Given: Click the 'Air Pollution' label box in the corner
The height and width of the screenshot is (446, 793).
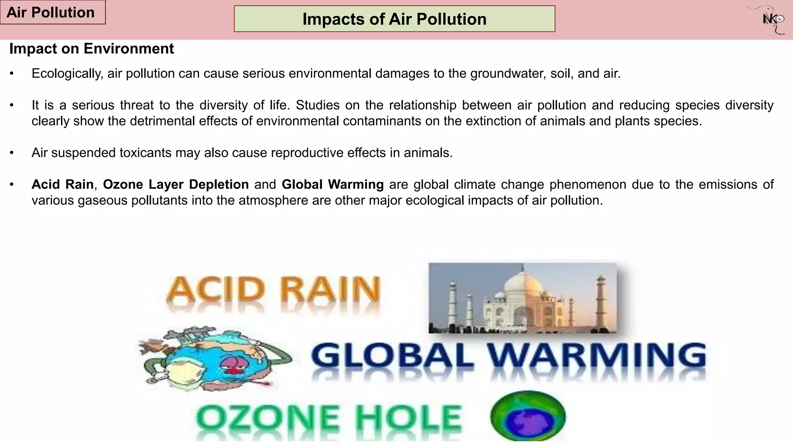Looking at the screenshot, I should tap(52, 12).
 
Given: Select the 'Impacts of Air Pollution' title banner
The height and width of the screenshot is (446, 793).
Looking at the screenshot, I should tap(394, 19).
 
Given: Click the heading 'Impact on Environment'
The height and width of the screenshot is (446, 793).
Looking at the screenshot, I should tap(91, 49).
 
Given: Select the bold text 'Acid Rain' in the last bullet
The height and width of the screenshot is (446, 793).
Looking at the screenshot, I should tap(62, 185).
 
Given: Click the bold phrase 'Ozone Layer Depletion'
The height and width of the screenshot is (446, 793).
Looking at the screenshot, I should tap(176, 185).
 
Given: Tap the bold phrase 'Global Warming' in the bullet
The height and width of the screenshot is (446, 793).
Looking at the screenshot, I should tap(333, 185).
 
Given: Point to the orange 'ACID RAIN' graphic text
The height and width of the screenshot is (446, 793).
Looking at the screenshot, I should tap(273, 290).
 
